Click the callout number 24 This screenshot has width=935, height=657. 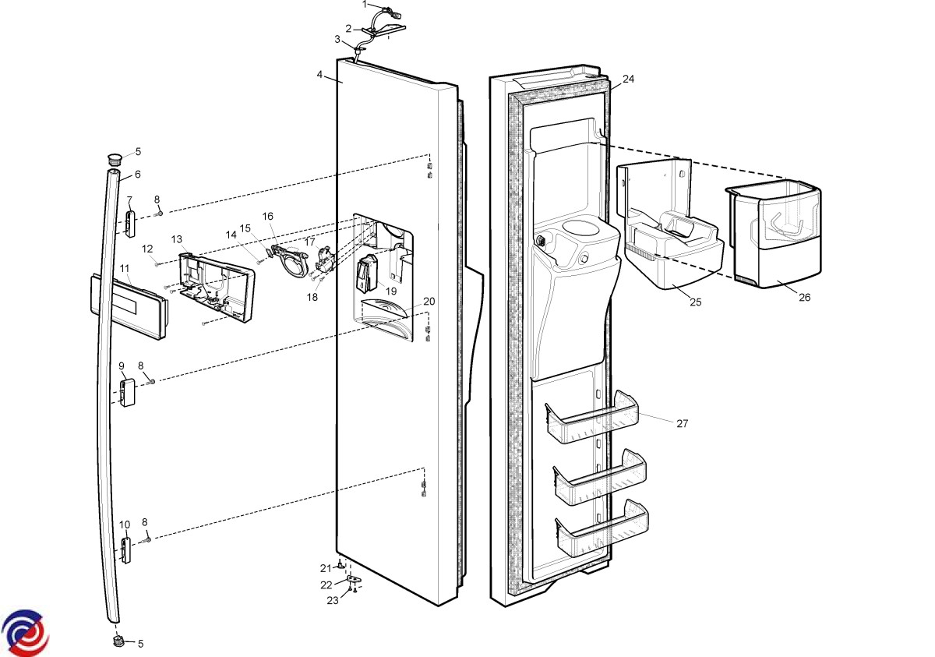[x=628, y=79]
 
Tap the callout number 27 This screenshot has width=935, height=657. [x=682, y=424]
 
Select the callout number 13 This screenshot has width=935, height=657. [x=177, y=239]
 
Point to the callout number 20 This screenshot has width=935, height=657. [x=429, y=302]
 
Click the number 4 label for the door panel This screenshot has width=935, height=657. [x=319, y=75]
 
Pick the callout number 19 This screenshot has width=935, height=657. [x=391, y=291]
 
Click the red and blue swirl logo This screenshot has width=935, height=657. [x=24, y=633]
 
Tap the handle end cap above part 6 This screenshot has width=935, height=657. [x=114, y=159]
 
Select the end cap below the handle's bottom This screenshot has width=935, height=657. [x=119, y=641]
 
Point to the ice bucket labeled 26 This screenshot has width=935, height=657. [x=775, y=234]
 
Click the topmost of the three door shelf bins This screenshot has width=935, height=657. [x=592, y=418]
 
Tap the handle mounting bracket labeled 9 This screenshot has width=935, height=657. [x=127, y=393]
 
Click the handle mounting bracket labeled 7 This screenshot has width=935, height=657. [x=130, y=224]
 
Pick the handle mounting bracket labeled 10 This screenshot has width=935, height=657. [x=125, y=550]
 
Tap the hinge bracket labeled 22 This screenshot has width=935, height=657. [x=353, y=579]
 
